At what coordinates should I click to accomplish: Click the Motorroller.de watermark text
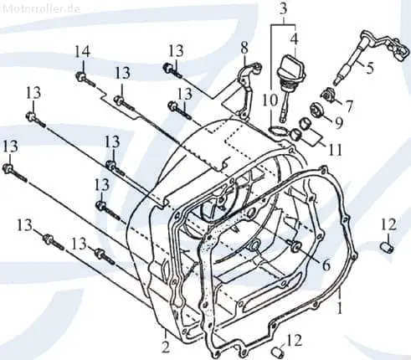coord(42,8)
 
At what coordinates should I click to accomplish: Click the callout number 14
coord(83,52)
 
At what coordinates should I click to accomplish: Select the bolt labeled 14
coord(86,79)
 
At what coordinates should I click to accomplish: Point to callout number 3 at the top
coord(283,9)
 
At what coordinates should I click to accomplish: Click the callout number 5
coord(370,68)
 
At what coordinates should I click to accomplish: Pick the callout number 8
coord(244,48)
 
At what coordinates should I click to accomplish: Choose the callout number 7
coord(349,105)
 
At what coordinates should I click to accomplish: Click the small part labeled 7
coord(327,94)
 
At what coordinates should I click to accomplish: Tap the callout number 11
coord(336,150)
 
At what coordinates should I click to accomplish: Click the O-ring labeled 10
coord(277,130)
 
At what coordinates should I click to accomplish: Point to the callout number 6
coord(326,265)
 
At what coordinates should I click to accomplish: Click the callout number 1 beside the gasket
coord(340,308)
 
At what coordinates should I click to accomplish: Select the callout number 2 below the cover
coord(166,347)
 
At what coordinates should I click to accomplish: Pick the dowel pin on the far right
coord(388,247)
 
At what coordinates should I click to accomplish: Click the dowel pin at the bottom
coord(278,352)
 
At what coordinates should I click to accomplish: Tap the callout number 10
coord(270,100)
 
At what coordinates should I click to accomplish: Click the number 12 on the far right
coord(389,224)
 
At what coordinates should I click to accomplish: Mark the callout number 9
coord(339,123)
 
